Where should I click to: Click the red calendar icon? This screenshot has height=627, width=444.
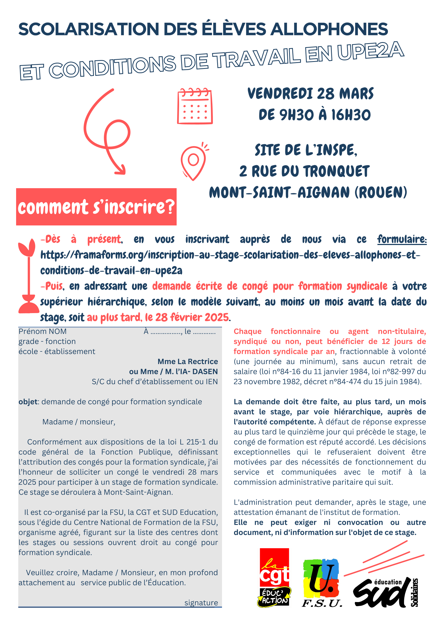coord(195,106)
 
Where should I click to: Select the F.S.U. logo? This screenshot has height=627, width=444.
coord(322,583)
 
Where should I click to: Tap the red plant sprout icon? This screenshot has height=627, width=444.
coord(28,276)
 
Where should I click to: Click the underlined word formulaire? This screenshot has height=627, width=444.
coord(402,239)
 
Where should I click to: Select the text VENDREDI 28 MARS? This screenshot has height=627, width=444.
coord(310,94)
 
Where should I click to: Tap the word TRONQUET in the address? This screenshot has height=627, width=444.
coord(336,172)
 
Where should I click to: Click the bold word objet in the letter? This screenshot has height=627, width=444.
coord(28,402)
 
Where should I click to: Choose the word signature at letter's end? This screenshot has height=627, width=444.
coord(201,603)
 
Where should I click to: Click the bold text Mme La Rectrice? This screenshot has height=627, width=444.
coord(188,362)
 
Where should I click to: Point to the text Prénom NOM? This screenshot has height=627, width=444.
coord(43,332)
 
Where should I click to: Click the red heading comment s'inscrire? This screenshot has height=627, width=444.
coord(96,207)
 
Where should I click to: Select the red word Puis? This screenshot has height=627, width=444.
coord(52,286)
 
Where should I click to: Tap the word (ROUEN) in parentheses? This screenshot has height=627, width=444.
coord(381,192)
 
